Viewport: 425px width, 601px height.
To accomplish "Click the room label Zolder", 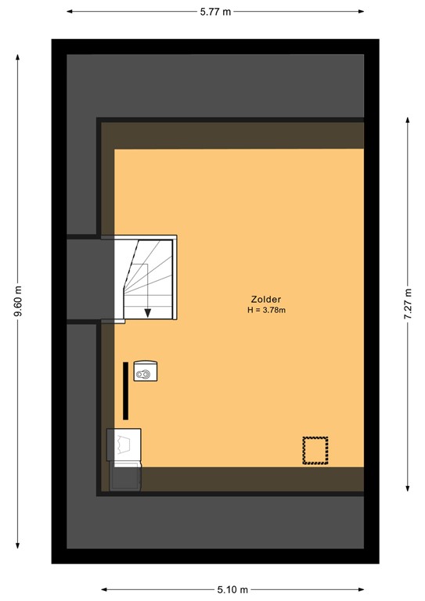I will tap(266, 299).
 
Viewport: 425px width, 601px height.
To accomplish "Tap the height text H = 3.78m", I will tap(266, 310).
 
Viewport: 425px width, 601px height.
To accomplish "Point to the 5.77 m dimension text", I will tap(215, 12).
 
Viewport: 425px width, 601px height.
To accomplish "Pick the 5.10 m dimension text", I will tap(232, 589).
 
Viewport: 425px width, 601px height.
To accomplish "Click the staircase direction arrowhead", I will tap(147, 313).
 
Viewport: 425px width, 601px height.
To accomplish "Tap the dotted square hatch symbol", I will tap(315, 451).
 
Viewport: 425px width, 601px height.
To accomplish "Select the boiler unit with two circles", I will tap(146, 372).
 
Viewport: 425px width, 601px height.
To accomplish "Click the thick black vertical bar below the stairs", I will tap(124, 391).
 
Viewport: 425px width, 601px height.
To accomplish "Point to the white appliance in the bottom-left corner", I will tap(125, 444).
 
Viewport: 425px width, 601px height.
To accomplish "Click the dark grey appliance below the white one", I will tap(125, 476).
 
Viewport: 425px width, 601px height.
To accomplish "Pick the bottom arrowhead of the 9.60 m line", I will tap(17, 546).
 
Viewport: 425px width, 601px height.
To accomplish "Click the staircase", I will tap(146, 278).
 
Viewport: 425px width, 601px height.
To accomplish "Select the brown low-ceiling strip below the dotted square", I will tap(250, 479).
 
